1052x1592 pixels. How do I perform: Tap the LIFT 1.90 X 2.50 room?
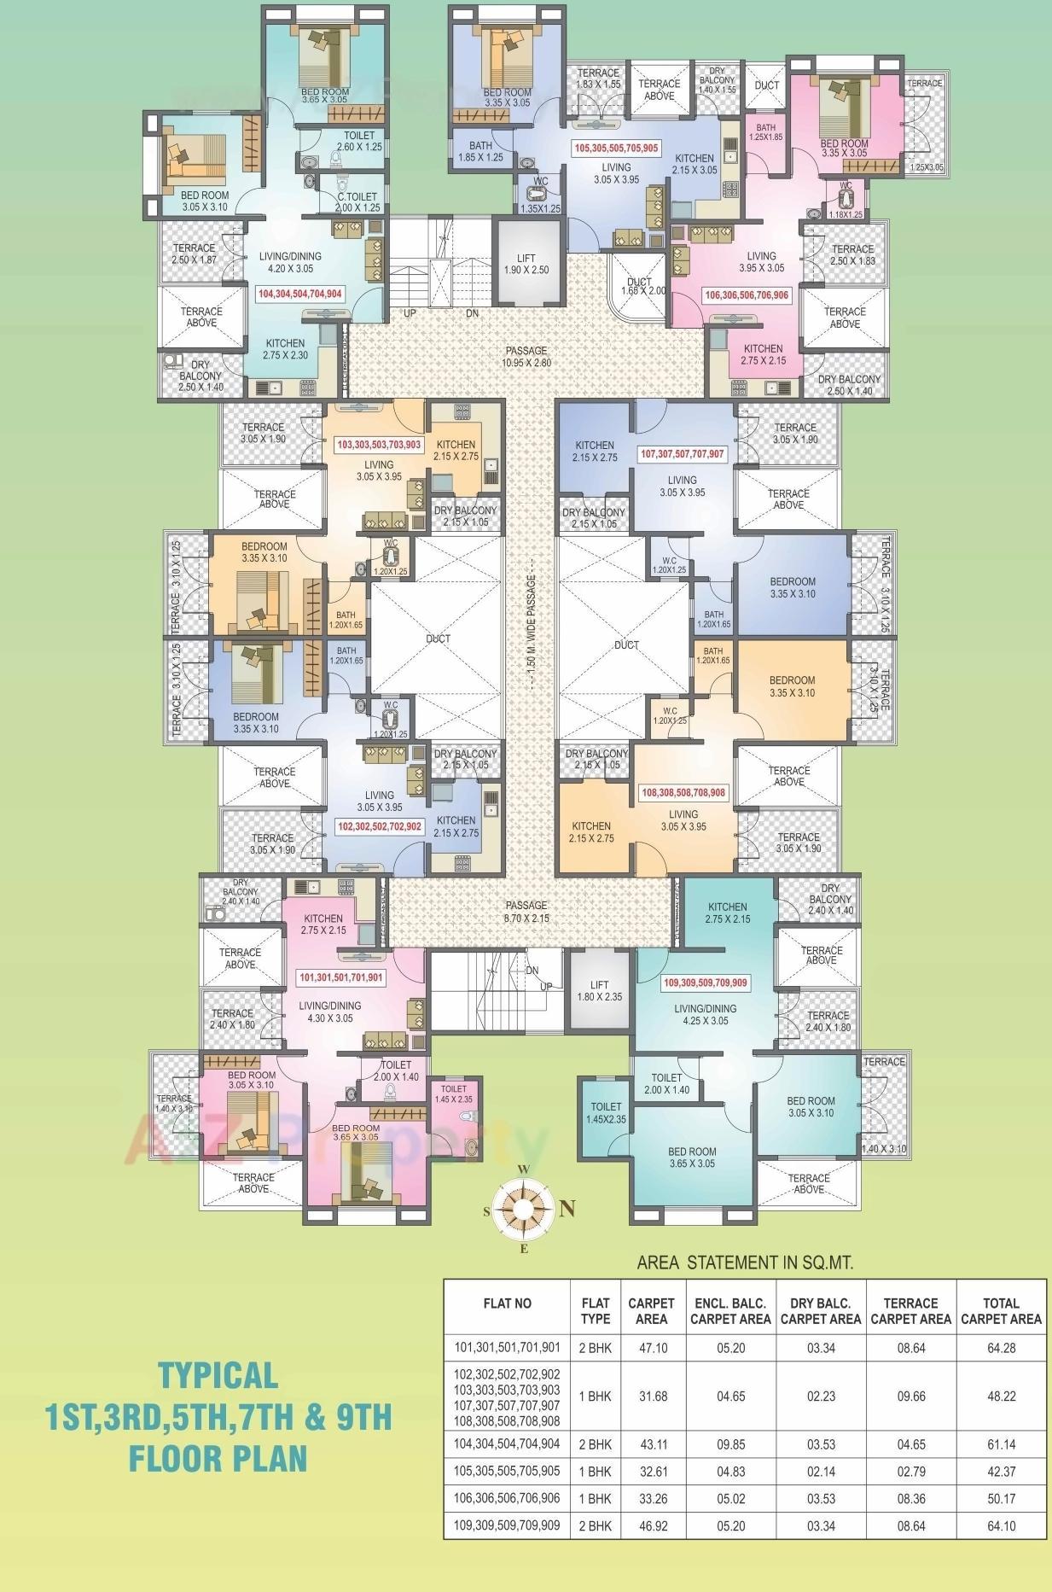click(x=526, y=264)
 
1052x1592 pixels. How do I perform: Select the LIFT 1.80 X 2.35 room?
click(x=599, y=990)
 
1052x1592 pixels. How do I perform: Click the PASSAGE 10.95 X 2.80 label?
click(x=526, y=356)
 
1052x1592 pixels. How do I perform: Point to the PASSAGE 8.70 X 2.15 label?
click(x=526, y=912)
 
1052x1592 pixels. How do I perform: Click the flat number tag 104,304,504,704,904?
click(x=300, y=294)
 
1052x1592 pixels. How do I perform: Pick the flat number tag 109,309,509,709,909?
click(x=705, y=983)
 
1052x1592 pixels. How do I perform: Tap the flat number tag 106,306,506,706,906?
click(x=747, y=295)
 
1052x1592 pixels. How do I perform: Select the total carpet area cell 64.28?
click(x=1001, y=1348)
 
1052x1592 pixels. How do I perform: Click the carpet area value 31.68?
click(x=651, y=1397)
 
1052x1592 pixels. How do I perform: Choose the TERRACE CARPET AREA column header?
click(x=910, y=1311)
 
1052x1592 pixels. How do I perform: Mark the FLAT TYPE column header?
click(x=595, y=1311)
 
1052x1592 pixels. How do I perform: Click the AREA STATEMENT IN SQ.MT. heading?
click(x=745, y=1263)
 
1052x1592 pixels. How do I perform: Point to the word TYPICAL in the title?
click(x=218, y=1375)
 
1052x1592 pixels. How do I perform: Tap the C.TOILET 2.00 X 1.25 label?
click(x=357, y=201)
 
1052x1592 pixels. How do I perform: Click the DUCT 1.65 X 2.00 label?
click(x=639, y=286)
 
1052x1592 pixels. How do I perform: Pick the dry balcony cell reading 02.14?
click(x=820, y=1472)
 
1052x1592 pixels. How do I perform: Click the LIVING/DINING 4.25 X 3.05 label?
click(x=705, y=1014)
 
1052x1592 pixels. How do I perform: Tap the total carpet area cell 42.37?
click(x=1001, y=1472)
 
